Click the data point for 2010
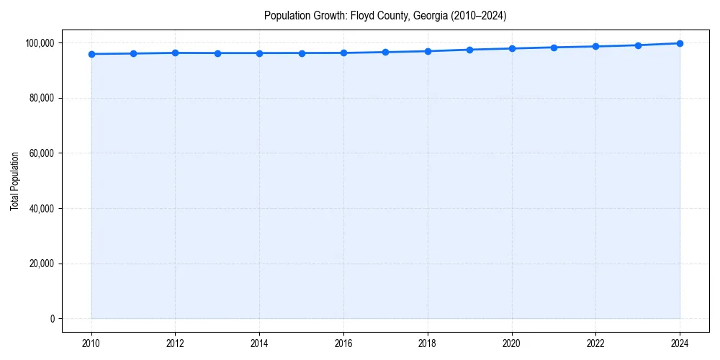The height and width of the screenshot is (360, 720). click(91, 54)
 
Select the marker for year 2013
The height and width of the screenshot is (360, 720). click(217, 53)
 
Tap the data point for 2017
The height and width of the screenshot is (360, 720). click(386, 52)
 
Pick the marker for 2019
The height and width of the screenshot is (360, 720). click(469, 50)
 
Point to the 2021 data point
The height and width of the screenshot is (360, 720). click(554, 48)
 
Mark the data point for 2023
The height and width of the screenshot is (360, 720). click(638, 45)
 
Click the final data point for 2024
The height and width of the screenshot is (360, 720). click(680, 43)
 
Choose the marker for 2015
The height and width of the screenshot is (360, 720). click(302, 53)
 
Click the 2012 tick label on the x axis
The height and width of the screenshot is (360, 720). click(175, 343)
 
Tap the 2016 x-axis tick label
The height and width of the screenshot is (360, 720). click(343, 343)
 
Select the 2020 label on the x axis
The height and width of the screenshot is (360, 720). click(512, 343)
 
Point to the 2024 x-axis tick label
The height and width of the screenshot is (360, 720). click(680, 343)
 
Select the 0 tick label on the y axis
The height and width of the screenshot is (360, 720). click(53, 319)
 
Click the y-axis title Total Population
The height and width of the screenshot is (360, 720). click(14, 181)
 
